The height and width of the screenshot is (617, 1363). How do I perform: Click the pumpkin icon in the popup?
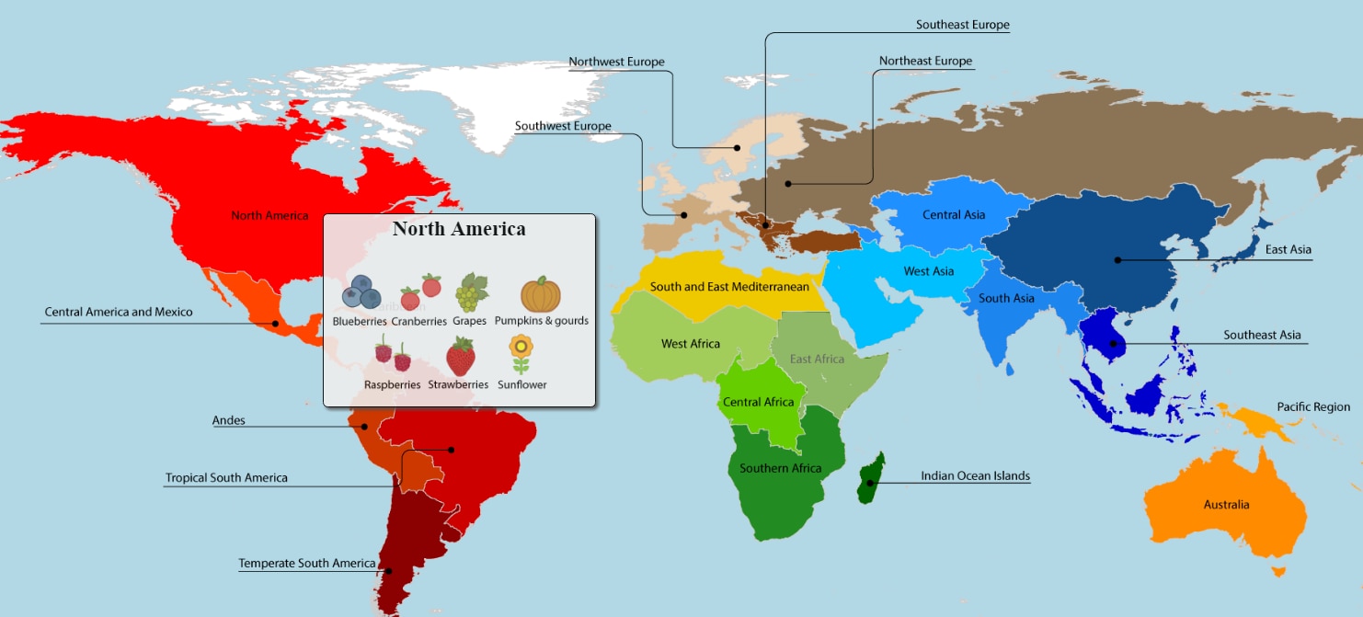pyautogui.click(x=541, y=295)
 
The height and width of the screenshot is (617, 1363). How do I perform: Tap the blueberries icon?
pyautogui.click(x=361, y=292)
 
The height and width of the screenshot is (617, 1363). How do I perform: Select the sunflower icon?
pyautogui.click(x=521, y=354)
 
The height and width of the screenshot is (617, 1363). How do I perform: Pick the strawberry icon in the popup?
pyautogui.click(x=460, y=356)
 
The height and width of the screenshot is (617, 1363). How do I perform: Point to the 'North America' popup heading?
pyautogui.click(x=459, y=229)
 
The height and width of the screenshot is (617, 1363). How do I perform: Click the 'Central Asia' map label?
pyautogui.click(x=954, y=215)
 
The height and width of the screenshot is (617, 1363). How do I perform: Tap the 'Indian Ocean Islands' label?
pyautogui.click(x=975, y=476)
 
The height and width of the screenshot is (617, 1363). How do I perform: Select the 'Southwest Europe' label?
pyautogui.click(x=563, y=126)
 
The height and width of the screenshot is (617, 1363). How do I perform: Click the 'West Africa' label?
pyautogui.click(x=691, y=344)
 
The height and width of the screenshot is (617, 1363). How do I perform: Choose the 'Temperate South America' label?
pyautogui.click(x=307, y=564)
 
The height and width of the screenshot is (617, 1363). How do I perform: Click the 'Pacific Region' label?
pyautogui.click(x=1313, y=406)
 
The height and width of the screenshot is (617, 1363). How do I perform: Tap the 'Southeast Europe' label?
pyautogui.click(x=962, y=25)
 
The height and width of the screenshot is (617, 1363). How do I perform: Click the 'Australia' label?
pyautogui.click(x=1226, y=505)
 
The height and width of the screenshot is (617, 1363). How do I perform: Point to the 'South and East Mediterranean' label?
pyautogui.click(x=729, y=287)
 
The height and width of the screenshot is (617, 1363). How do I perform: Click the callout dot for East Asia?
pyautogui.click(x=1117, y=260)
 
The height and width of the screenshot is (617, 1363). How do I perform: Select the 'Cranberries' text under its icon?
pyautogui.click(x=418, y=322)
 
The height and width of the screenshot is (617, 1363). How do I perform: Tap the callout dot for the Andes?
pyautogui.click(x=364, y=427)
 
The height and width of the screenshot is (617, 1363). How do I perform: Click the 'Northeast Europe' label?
pyautogui.click(x=925, y=61)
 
